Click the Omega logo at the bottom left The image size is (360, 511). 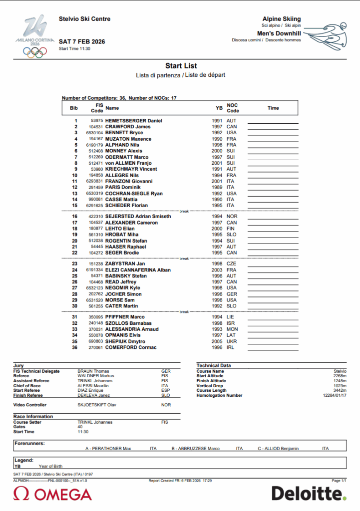coord(52,494)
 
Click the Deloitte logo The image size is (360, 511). coord(308,494)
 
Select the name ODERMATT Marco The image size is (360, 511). coord(127,157)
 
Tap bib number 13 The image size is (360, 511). coord(75,193)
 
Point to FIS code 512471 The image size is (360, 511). coord(96,163)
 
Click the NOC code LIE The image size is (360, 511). coord(231,317)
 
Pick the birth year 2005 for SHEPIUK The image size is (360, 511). coord(217,341)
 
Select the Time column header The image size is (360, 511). coord(273,108)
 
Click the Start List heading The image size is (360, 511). coord(181,66)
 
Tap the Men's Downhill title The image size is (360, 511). coord(282,33)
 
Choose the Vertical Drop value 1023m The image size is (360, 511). coord(340,386)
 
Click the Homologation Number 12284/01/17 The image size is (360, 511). coord(335,395)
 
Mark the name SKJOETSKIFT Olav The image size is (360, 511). coord(94,405)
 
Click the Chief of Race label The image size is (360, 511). coord(28,386)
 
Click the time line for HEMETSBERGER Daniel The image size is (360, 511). coord(273,122)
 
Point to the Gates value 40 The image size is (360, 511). coord(80,427)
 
